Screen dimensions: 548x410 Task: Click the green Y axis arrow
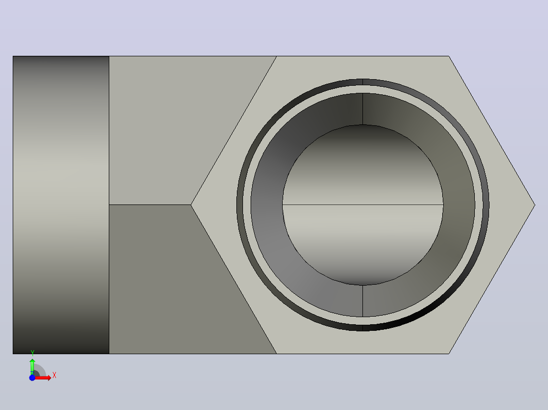point(32,366)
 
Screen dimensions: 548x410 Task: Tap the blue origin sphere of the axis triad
point(32,378)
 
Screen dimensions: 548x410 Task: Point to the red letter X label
point(54,375)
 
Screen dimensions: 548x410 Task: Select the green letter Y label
point(33,353)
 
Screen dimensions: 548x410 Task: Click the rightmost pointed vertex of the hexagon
point(535,205)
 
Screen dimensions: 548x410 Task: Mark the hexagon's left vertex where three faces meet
point(191,205)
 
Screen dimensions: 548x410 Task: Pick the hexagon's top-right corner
point(449,56)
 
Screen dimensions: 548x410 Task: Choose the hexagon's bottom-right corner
point(449,354)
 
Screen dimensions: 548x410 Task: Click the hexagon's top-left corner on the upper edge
point(277,56)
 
